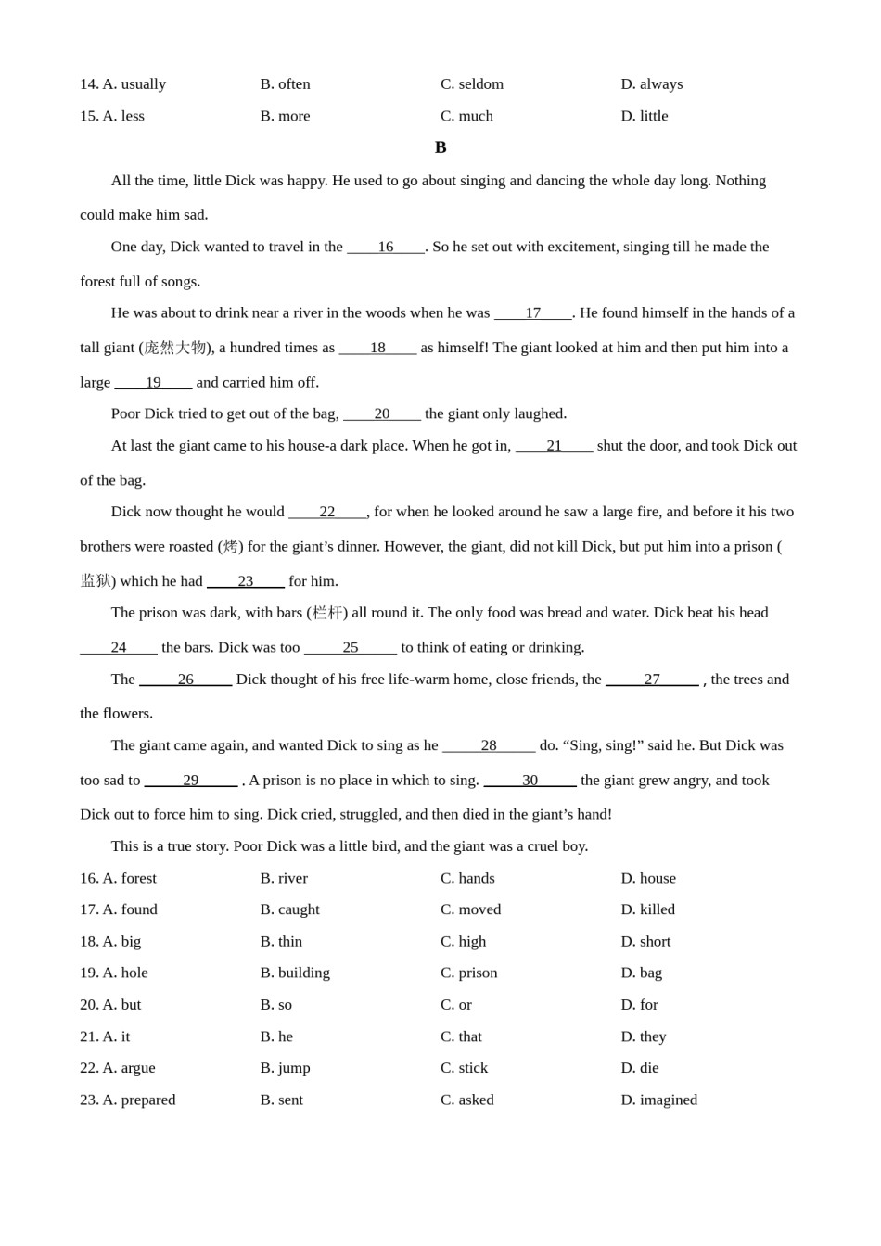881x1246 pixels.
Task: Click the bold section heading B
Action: click(x=440, y=147)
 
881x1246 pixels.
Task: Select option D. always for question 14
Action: click(x=652, y=84)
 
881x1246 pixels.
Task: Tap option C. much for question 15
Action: click(x=466, y=116)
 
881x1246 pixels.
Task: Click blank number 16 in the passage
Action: click(x=386, y=247)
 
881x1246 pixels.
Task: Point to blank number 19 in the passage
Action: click(x=153, y=382)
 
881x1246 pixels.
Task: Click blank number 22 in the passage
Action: click(x=327, y=512)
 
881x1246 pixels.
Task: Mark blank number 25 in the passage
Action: click(x=351, y=647)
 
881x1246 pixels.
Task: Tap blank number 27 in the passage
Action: click(x=652, y=680)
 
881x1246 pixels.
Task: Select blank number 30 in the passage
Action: click(x=530, y=781)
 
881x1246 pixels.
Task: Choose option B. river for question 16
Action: click(x=284, y=878)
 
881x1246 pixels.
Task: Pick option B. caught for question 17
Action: click(x=289, y=909)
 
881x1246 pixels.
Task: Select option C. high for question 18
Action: click(x=463, y=941)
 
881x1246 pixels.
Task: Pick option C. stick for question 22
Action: click(x=464, y=1068)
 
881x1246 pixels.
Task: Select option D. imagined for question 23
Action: click(x=658, y=1100)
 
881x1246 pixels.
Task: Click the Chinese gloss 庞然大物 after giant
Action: click(x=174, y=348)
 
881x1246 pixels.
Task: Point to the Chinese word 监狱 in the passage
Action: click(x=96, y=581)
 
